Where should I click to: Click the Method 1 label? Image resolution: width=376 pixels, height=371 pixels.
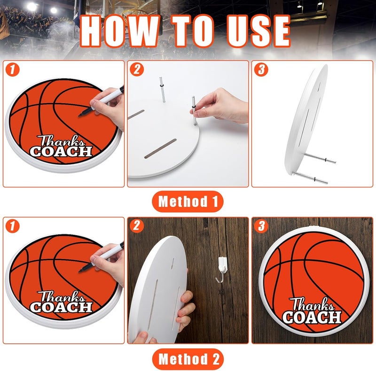pyautogui.click(x=188, y=202)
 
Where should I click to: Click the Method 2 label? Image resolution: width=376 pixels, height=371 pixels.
pyautogui.click(x=188, y=359)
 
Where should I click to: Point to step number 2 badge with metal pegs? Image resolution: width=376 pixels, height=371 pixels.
pyautogui.click(x=137, y=70)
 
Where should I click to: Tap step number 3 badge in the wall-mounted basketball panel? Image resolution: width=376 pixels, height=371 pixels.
pyautogui.click(x=261, y=227)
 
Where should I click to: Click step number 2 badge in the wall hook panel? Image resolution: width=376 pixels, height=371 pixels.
pyautogui.click(x=137, y=227)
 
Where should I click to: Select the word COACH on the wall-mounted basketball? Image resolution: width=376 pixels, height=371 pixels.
pyautogui.click(x=312, y=317)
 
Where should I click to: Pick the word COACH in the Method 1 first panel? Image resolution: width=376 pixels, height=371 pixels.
pyautogui.click(x=61, y=152)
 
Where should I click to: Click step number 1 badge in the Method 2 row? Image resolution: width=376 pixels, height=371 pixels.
pyautogui.click(x=14, y=227)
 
